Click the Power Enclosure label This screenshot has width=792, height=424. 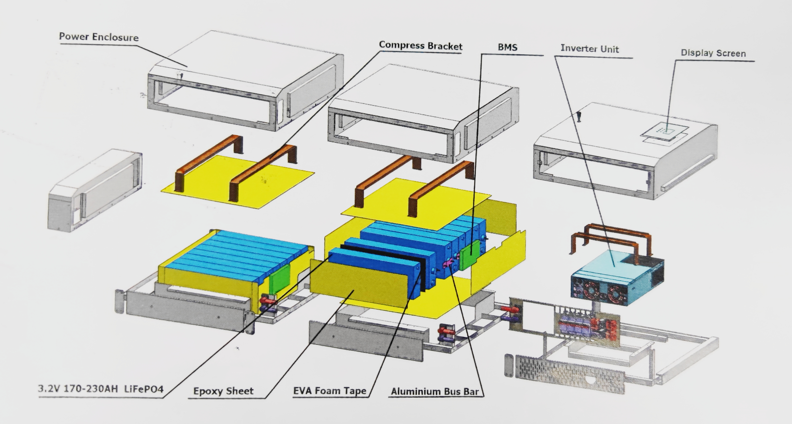[x=99, y=37]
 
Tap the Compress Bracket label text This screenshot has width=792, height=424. [x=420, y=46]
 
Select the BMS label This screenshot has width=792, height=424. [x=507, y=47]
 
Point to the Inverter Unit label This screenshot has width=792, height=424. [x=589, y=48]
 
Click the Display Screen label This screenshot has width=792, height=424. [x=713, y=53]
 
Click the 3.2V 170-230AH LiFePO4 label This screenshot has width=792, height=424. [x=101, y=389]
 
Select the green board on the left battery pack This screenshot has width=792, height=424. [x=279, y=278]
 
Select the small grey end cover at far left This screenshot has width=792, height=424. [x=95, y=190]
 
